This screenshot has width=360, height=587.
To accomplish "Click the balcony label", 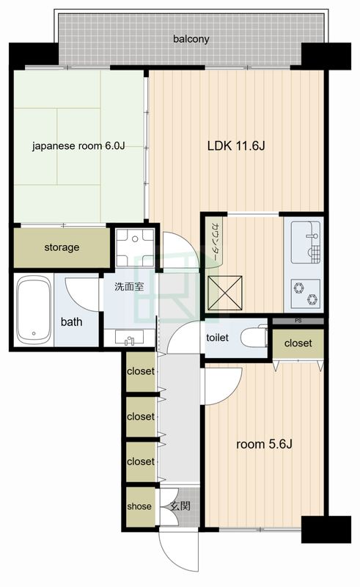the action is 191,39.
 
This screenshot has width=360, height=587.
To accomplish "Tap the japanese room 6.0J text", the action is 78,145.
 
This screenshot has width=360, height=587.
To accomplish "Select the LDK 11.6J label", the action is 236,145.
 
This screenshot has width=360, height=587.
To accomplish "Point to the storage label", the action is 62,247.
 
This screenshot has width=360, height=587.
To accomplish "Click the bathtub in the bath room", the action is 34,310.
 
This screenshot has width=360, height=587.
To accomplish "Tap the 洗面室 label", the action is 129,287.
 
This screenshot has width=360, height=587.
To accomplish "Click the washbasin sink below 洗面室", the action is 129,338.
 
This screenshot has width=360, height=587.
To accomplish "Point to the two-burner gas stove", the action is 305,293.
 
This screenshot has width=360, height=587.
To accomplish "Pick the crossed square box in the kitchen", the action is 224,293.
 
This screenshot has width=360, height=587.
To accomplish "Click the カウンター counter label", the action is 216,241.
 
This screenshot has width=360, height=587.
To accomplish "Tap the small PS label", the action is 298,321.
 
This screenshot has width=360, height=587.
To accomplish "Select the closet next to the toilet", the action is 298,343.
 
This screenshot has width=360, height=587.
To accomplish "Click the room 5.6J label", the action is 264,445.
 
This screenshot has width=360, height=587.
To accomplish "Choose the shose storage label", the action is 139,506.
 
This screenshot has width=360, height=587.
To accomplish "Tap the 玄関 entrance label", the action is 180,506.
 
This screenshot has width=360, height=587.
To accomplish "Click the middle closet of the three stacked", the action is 141,417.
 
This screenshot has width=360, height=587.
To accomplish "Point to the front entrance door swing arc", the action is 176,554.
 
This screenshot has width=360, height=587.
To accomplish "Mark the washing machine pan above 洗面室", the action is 135,247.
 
